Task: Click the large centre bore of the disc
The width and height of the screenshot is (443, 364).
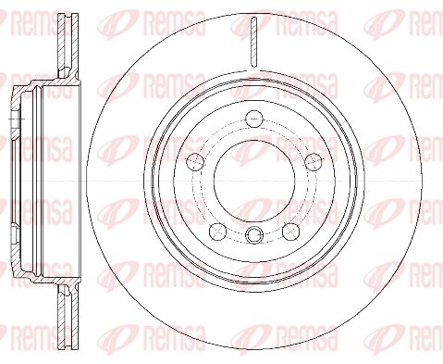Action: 254,181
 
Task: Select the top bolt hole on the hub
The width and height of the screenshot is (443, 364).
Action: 254,119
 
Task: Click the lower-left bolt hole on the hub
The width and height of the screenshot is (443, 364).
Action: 218,232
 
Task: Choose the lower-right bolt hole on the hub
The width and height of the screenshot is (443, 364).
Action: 291,232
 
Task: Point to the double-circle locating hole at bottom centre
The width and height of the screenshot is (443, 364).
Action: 254,234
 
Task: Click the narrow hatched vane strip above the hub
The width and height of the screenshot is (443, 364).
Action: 253,42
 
